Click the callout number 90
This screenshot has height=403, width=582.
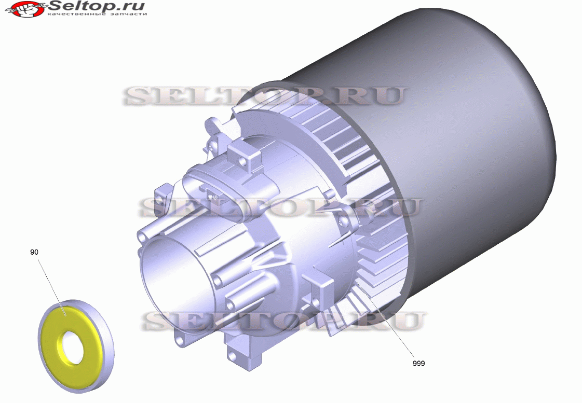coord(34,252)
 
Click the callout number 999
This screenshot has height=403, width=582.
coord(418,364)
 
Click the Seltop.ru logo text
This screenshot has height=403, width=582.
coord(97,6)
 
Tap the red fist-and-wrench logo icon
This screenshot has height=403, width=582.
coord(25,8)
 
